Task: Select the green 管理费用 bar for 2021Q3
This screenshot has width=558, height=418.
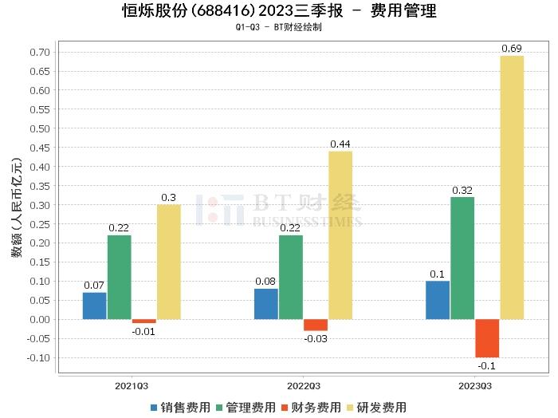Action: (x=120, y=277)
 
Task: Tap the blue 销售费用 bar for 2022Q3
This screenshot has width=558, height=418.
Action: (x=266, y=304)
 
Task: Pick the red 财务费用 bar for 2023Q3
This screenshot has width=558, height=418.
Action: (x=487, y=338)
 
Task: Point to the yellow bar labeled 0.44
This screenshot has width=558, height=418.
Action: (x=340, y=235)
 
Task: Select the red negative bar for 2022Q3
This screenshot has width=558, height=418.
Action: (x=316, y=325)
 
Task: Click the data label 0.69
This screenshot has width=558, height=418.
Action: (x=512, y=49)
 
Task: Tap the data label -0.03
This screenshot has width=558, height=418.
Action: (x=316, y=338)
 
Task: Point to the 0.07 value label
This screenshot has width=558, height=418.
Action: (x=94, y=285)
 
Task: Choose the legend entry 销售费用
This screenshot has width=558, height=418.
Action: (x=180, y=407)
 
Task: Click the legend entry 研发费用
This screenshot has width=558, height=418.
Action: (x=375, y=407)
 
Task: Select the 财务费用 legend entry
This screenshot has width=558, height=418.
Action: (x=310, y=407)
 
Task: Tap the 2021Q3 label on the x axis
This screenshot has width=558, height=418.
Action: (x=132, y=384)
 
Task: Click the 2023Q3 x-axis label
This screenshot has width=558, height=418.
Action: (x=475, y=384)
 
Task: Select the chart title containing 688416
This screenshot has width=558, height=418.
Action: (x=279, y=11)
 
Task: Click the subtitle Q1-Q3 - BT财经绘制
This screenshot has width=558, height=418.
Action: (x=279, y=27)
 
